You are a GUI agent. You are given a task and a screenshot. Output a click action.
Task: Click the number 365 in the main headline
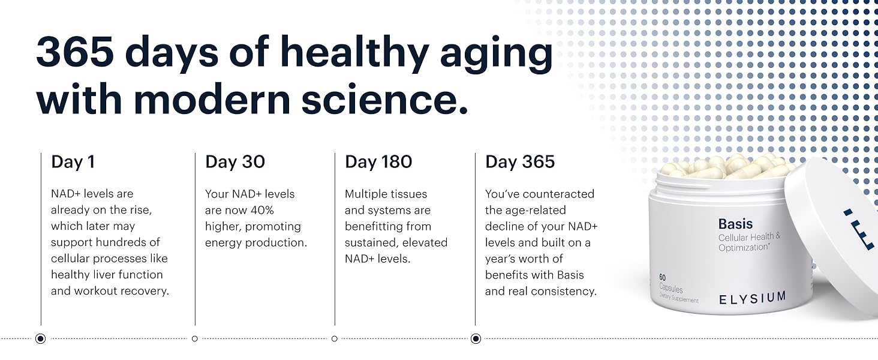pyautogui.click(x=74, y=51)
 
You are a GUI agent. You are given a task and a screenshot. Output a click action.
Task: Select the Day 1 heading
pyautogui.click(x=73, y=162)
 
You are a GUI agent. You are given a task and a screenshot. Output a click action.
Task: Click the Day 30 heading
pyautogui.click(x=235, y=162)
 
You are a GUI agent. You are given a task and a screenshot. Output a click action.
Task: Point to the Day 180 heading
pyautogui.click(x=378, y=162)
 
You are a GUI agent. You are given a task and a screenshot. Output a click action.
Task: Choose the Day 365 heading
pyautogui.click(x=520, y=162)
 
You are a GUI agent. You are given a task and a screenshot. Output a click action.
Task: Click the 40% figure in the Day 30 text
pyautogui.click(x=262, y=210)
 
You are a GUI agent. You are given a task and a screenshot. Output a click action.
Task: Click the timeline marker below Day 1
pyautogui.click(x=40, y=338)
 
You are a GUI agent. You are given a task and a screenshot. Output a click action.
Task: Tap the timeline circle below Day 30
pyautogui.click(x=195, y=338)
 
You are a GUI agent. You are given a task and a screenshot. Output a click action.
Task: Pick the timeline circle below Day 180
pyautogui.click(x=334, y=338)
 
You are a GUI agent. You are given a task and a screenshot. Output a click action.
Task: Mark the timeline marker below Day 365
pyautogui.click(x=476, y=338)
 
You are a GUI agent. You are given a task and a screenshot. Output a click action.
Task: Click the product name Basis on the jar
pyautogui.click(x=735, y=224)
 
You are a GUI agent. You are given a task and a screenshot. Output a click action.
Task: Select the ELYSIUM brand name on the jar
pyautogui.click(x=753, y=298)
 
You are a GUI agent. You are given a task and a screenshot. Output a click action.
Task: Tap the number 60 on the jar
pyautogui.click(x=663, y=278)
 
